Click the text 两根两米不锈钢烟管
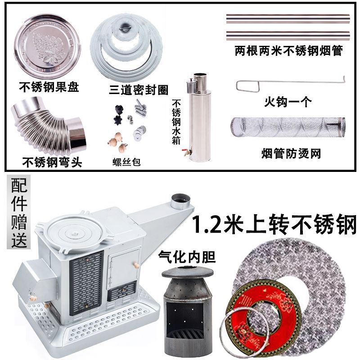tap(288, 51)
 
